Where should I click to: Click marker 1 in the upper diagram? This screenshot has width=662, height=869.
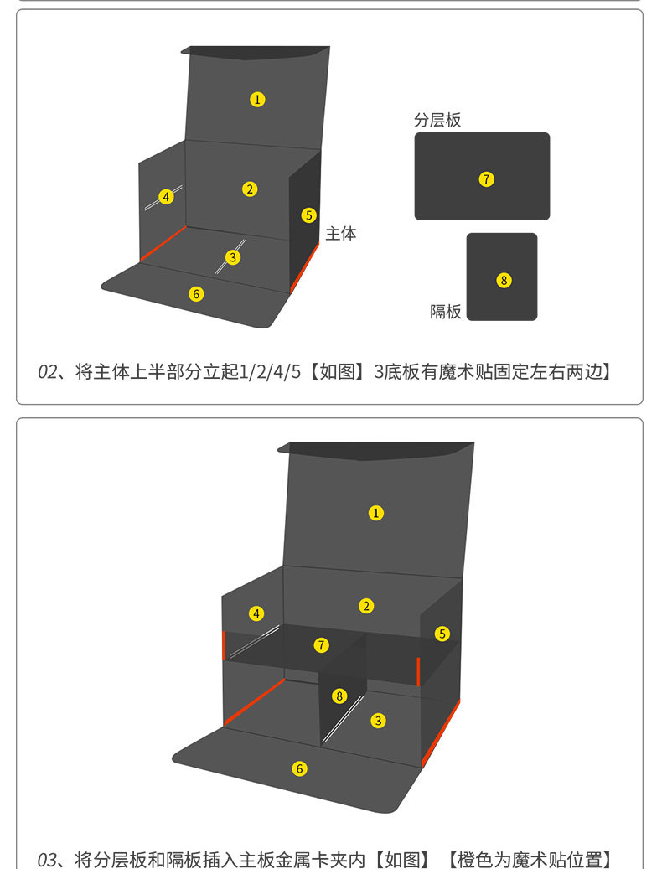(x=257, y=99)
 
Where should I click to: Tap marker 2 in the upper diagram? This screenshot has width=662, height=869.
(x=250, y=189)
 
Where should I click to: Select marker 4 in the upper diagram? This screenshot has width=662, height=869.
(x=167, y=196)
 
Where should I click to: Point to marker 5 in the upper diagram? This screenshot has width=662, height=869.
(x=308, y=215)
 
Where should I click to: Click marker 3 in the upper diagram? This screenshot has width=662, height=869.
(x=233, y=257)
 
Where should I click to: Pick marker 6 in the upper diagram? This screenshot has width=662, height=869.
(x=196, y=293)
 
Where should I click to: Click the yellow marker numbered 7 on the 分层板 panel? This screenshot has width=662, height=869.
(x=487, y=178)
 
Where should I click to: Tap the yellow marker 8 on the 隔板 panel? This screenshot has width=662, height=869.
(x=504, y=280)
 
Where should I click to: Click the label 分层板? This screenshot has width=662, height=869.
(x=437, y=120)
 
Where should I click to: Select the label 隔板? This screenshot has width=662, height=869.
(x=446, y=312)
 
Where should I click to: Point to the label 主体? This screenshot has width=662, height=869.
(x=341, y=234)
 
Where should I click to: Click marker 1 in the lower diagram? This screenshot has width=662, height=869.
(x=376, y=512)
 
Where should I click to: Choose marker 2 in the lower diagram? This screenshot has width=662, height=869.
(x=365, y=605)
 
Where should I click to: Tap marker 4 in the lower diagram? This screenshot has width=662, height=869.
(x=256, y=613)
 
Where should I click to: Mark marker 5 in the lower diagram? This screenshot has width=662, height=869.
(x=442, y=634)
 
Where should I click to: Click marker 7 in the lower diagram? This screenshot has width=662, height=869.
(x=321, y=645)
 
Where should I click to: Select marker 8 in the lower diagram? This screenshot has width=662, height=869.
(x=339, y=696)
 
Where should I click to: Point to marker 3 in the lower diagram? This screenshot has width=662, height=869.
(x=379, y=720)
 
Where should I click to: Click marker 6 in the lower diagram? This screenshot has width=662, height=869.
(x=299, y=768)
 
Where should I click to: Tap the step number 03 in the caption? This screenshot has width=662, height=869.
(x=47, y=860)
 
